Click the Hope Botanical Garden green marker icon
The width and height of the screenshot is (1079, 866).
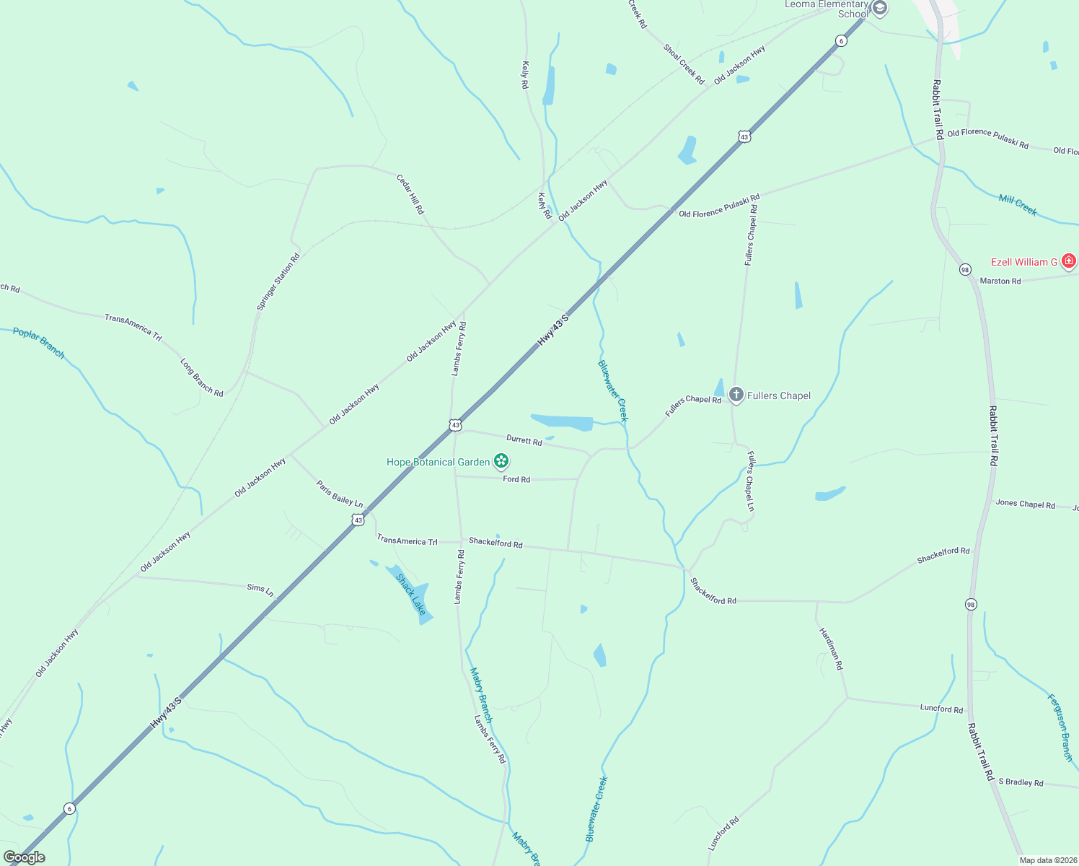click(501, 461)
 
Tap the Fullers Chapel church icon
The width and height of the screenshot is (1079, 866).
click(736, 395)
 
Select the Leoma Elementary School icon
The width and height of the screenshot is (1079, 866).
click(879, 8)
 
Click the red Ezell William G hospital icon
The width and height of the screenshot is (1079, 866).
click(1069, 261)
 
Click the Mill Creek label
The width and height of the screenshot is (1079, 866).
click(1018, 205)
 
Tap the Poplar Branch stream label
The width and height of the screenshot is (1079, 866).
click(39, 343)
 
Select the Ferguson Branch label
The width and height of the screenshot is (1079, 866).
click(1060, 727)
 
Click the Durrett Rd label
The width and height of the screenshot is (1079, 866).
click(524, 440)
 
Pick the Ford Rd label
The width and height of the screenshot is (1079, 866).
click(516, 479)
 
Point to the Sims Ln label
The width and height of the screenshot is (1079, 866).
click(260, 590)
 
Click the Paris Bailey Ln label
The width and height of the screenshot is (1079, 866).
click(340, 494)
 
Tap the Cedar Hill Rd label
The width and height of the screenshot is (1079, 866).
click(410, 194)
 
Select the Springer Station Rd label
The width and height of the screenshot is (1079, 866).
click(278, 282)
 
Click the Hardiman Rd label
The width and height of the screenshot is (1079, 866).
click(831, 649)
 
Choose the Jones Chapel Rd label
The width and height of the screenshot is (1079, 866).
click(1025, 504)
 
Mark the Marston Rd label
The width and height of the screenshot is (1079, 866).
click(1000, 281)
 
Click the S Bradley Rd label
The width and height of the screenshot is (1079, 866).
click(1021, 782)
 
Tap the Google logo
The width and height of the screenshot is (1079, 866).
click(25, 857)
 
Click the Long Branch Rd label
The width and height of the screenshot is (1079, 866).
click(201, 377)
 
